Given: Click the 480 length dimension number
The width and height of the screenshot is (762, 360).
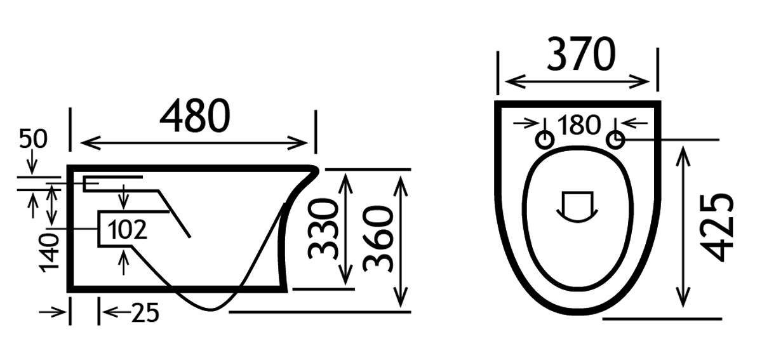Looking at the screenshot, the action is click(x=195, y=116).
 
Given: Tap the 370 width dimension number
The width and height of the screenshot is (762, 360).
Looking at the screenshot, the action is click(x=582, y=55).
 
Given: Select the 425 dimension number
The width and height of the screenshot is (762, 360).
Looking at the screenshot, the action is click(x=717, y=227).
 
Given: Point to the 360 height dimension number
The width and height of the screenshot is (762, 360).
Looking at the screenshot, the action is click(x=378, y=239).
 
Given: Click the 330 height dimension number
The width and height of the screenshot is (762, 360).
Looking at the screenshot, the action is click(x=323, y=229).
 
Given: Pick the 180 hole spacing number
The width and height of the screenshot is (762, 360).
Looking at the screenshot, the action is click(x=579, y=125).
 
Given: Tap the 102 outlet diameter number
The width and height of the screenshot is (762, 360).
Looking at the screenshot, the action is click(x=127, y=229).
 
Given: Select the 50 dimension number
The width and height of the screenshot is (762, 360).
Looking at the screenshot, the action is click(x=33, y=139).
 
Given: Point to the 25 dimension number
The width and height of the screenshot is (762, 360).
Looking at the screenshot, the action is click(x=145, y=312).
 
